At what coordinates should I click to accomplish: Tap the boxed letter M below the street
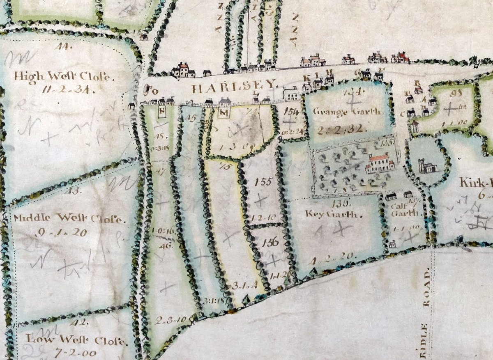coord(224,112)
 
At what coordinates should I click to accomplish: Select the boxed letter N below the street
coord(162,111)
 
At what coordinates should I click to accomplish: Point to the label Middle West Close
coord(68,218)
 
